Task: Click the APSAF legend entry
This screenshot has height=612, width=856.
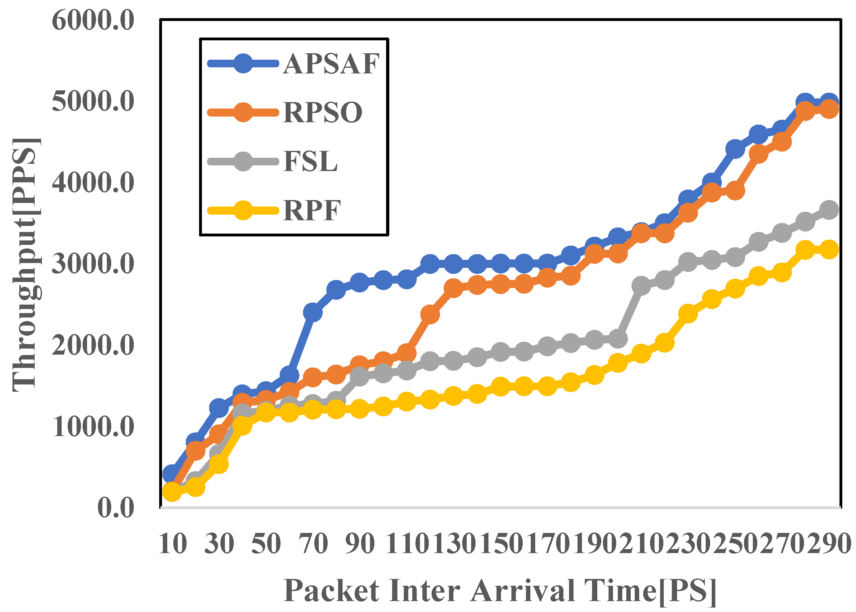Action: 331,64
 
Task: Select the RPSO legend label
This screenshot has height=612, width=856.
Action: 323,113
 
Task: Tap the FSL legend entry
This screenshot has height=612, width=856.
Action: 310,162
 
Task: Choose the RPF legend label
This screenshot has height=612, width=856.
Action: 312,211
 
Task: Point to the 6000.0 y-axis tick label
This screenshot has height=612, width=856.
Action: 93,20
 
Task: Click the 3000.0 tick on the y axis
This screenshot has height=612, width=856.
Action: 93,264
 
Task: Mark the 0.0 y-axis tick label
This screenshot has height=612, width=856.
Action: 115,508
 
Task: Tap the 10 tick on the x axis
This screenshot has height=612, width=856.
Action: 173,544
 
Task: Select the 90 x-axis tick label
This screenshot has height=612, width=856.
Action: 360,544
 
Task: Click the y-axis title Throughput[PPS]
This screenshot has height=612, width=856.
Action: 26,265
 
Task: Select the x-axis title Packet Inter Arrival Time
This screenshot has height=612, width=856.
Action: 500,591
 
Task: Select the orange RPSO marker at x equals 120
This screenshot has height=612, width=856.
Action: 430,314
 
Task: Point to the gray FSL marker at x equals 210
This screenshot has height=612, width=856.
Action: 641,286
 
